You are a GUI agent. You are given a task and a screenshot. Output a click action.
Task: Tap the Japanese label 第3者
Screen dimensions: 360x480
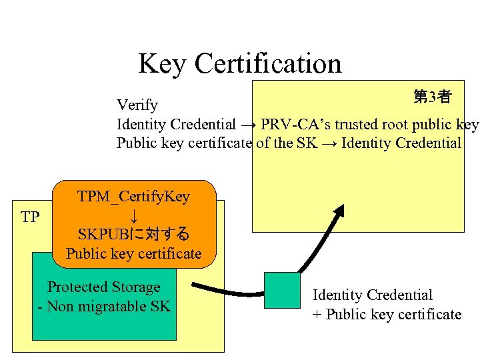click(x=432, y=97)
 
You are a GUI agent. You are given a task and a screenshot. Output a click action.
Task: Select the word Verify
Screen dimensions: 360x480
click(x=137, y=105)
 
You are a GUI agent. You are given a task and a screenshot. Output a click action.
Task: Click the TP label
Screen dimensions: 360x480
click(x=30, y=217)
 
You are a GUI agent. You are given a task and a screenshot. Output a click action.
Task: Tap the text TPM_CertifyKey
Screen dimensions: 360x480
click(x=134, y=197)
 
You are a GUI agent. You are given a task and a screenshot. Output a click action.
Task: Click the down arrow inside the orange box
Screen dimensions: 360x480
click(x=134, y=215)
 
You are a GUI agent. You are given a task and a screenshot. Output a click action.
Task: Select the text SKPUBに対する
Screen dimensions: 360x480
click(x=134, y=235)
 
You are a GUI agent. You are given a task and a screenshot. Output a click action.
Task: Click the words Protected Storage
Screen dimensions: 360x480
click(x=104, y=287)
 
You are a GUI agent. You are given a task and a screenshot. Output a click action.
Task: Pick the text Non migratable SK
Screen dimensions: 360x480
click(x=108, y=306)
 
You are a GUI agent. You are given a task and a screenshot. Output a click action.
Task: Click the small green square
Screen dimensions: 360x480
click(x=282, y=290)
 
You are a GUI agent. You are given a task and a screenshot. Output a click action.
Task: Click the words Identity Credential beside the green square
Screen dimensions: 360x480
click(x=373, y=295)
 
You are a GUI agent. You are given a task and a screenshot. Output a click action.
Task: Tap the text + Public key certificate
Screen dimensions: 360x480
click(x=387, y=314)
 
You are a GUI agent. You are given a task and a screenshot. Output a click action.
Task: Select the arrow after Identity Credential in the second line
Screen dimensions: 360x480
click(x=248, y=125)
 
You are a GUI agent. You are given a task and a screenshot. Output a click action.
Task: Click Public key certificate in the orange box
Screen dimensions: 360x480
click(x=134, y=253)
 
